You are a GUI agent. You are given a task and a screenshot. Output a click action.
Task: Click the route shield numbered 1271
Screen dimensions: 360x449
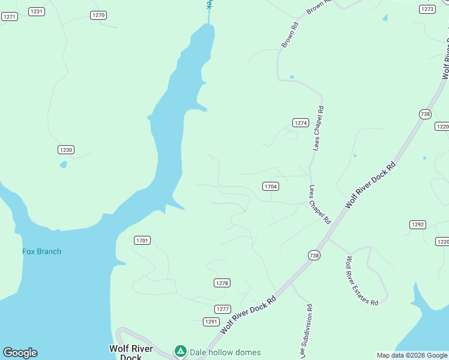tap(10, 17)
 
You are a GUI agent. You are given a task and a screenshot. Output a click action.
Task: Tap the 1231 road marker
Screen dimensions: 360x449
tap(37, 11)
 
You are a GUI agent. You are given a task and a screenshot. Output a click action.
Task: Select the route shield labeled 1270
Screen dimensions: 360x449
tap(98, 15)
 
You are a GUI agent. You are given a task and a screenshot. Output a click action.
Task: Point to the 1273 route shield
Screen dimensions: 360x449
tap(427, 9)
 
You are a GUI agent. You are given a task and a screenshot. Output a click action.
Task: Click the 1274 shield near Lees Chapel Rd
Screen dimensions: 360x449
tap(301, 122)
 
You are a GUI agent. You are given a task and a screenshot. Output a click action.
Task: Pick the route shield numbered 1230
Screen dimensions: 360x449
tap(66, 149)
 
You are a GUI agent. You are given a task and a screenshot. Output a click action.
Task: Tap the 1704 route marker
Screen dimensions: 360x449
tap(271, 187)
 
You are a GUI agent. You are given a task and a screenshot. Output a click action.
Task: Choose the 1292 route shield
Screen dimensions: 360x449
tap(418, 224)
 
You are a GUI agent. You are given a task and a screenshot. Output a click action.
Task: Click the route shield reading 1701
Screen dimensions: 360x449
tap(142, 241)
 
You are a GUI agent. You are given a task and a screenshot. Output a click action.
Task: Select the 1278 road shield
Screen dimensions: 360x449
tap(222, 283)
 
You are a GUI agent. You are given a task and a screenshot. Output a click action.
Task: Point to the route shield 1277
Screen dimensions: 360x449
tap(223, 309)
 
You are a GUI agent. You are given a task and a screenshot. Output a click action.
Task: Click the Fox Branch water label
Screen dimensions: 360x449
tap(42, 251)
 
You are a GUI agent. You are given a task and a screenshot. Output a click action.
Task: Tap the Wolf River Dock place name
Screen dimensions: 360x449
tap(131, 352)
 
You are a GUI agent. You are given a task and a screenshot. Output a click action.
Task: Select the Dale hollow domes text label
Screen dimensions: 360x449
tap(225, 352)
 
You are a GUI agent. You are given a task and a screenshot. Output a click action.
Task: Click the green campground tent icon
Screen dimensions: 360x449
tap(180, 350)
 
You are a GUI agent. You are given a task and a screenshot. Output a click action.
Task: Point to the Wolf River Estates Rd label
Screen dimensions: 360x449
tap(361, 281)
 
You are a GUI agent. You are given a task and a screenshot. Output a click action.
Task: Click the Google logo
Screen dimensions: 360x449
tap(20, 353)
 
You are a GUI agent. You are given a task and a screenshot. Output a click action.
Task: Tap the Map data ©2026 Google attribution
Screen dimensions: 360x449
tap(411, 355)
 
